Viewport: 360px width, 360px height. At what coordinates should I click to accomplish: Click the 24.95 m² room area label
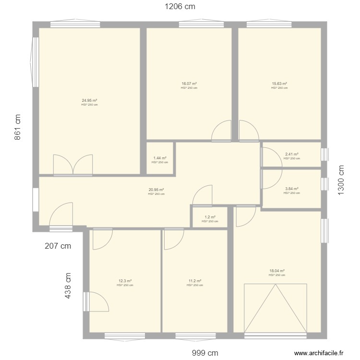point(89,101)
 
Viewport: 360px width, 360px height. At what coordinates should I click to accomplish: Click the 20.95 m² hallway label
point(156,190)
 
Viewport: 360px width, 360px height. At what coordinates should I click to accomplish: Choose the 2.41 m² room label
point(292,155)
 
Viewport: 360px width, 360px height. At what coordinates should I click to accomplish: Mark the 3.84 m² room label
point(292,189)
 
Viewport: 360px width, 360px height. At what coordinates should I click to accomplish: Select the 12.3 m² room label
point(125,281)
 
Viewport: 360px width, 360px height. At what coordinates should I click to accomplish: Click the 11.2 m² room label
point(195,281)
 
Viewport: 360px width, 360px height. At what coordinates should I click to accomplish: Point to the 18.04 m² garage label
point(277,271)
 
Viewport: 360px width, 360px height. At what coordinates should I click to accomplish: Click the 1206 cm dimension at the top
point(180,7)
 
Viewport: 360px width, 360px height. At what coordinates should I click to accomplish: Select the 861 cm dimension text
point(18,127)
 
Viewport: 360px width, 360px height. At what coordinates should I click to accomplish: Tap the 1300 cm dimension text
point(341,180)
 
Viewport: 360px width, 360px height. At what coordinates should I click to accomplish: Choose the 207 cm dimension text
point(58,246)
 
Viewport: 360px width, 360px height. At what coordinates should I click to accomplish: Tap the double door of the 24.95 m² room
point(72,165)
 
